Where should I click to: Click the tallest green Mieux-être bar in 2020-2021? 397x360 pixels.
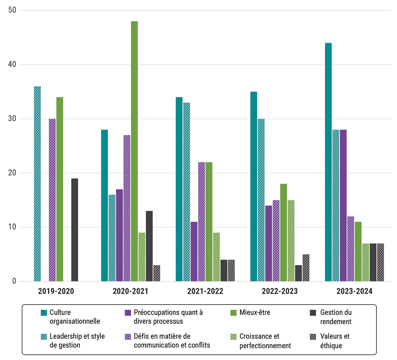(x=134, y=151)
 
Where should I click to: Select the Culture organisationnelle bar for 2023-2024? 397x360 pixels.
(x=328, y=162)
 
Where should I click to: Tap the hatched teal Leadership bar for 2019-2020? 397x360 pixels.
(x=37, y=184)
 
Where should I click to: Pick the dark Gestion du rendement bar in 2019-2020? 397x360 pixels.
(x=75, y=230)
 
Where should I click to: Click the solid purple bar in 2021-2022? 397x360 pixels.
(x=194, y=252)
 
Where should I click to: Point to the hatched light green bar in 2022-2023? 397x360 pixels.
(x=291, y=241)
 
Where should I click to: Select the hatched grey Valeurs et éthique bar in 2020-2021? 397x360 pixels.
(x=157, y=273)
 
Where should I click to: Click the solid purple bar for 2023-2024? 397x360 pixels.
(x=343, y=206)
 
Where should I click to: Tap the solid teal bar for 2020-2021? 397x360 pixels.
(x=104, y=206)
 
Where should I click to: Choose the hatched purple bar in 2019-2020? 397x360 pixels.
(x=52, y=200)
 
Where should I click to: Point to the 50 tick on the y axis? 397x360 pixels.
(x=13, y=10)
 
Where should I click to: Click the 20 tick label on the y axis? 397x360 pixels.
(x=13, y=173)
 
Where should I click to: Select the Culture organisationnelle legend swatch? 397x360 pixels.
(x=44, y=313)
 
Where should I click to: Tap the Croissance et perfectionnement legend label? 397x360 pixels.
(x=265, y=341)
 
